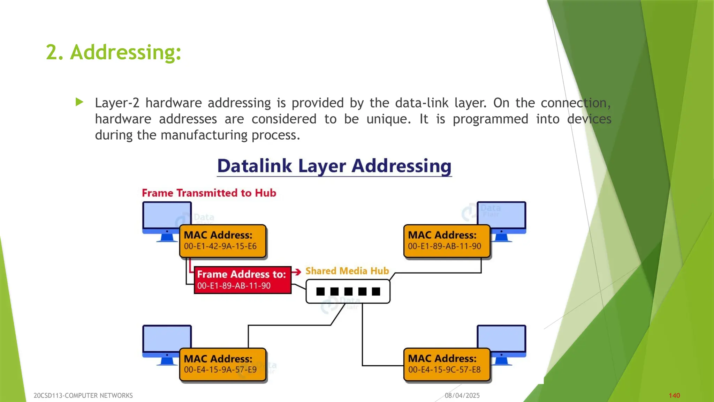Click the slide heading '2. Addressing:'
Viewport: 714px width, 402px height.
pyautogui.click(x=114, y=52)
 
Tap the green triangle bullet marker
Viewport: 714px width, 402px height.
pyautogui.click(x=79, y=102)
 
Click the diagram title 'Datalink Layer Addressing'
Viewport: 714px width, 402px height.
pyautogui.click(x=334, y=166)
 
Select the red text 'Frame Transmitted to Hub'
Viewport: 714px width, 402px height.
pyautogui.click(x=209, y=193)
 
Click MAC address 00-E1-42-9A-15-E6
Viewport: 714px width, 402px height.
pyautogui.click(x=220, y=246)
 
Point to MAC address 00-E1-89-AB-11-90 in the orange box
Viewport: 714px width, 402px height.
pyautogui.click(x=445, y=246)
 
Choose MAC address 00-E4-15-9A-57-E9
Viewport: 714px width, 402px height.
pyautogui.click(x=220, y=370)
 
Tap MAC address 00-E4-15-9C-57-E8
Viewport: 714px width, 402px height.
pyautogui.click(x=445, y=370)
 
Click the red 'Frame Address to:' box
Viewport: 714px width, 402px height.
pyautogui.click(x=242, y=280)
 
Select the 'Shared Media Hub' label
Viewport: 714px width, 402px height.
pyautogui.click(x=347, y=271)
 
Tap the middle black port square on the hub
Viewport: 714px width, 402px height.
pyautogui.click(x=348, y=291)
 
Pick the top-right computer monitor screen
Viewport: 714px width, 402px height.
pyautogui.click(x=506, y=214)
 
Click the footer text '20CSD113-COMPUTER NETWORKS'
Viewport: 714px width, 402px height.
pyautogui.click(x=83, y=396)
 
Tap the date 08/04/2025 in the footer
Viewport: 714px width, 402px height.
pyautogui.click(x=462, y=396)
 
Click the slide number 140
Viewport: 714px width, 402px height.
pyautogui.click(x=674, y=396)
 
